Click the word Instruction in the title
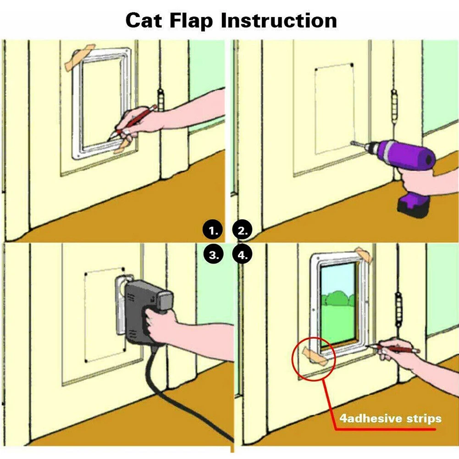[x=279, y=21]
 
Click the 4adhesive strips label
[x=390, y=418]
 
